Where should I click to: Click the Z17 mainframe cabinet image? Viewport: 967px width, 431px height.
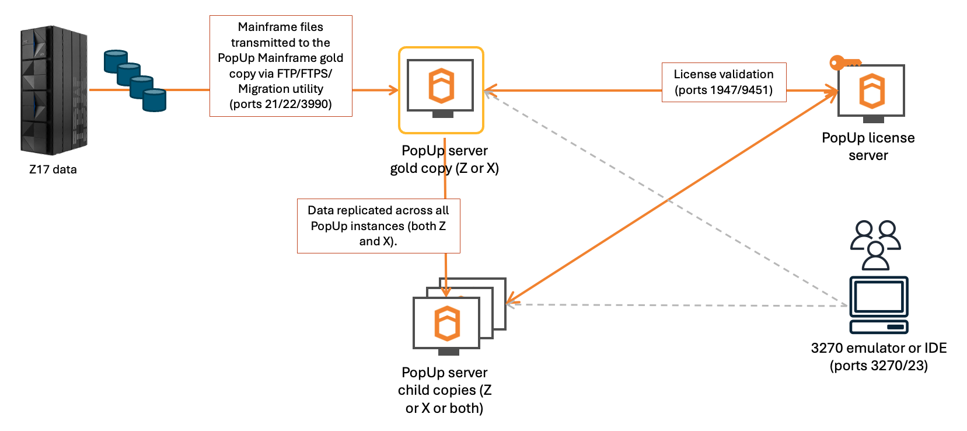[x=54, y=90]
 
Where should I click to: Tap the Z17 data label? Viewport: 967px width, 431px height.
[x=53, y=169]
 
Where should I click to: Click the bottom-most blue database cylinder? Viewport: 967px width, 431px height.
[x=155, y=100]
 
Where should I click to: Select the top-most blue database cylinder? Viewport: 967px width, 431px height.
[x=116, y=61]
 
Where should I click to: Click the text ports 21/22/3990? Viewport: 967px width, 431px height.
[x=281, y=104]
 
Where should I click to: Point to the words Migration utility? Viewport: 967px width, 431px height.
[x=281, y=89]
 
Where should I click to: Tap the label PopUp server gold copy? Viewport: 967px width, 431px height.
[x=444, y=159]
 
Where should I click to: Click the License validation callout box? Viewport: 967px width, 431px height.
[x=724, y=82]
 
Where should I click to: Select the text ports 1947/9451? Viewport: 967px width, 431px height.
[x=724, y=90]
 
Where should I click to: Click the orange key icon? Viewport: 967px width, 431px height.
[x=844, y=62]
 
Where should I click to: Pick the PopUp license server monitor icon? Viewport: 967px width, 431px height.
[x=871, y=92]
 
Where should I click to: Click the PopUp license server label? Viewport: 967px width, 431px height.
[x=868, y=147]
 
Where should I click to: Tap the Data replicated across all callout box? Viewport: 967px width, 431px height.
[x=378, y=226]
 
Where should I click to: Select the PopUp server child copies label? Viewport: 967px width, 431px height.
[x=445, y=390]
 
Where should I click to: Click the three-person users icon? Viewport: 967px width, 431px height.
[x=875, y=245]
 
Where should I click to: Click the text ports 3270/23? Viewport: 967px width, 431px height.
[x=878, y=366]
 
